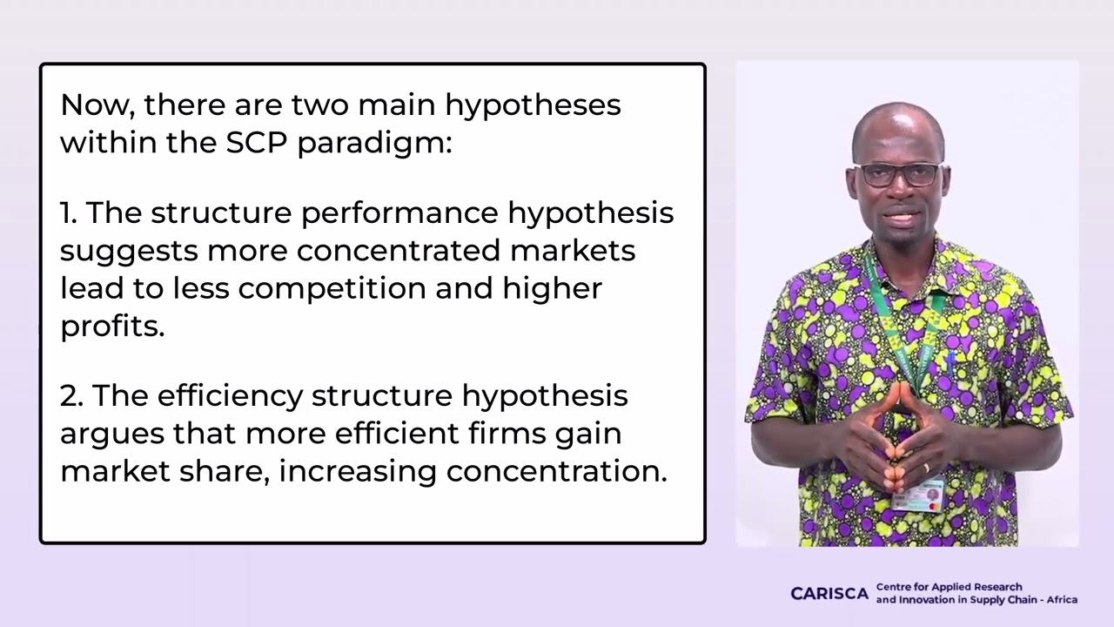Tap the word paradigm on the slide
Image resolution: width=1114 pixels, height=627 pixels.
[374, 145]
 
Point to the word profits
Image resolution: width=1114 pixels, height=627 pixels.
[111, 327]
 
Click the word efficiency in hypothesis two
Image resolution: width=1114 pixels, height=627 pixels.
[231, 395]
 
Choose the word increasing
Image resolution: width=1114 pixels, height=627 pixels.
[357, 471]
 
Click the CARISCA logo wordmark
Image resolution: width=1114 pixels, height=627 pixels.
[829, 594]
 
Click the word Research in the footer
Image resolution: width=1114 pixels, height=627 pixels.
[999, 587]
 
